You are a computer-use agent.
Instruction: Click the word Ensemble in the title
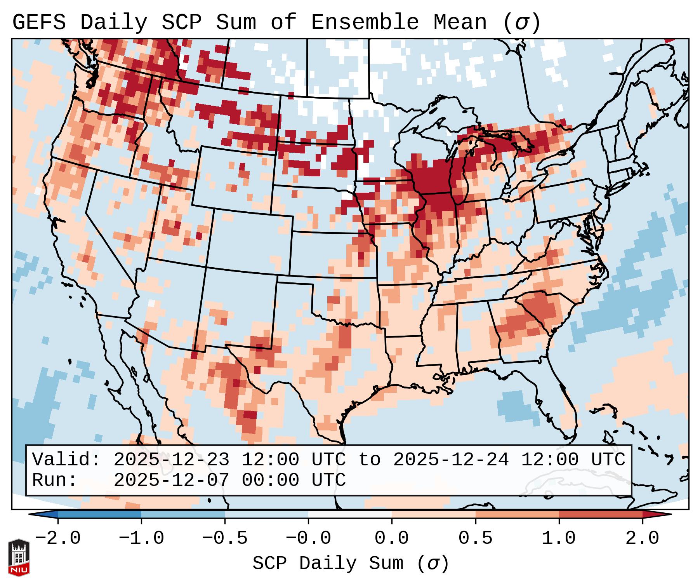[x=365, y=23]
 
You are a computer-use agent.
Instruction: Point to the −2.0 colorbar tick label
[x=58, y=538]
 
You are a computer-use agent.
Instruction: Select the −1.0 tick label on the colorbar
[x=141, y=538]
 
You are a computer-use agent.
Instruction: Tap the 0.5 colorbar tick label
[x=475, y=538]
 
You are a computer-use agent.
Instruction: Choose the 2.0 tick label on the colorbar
[x=643, y=538]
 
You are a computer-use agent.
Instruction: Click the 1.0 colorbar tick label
[x=559, y=538]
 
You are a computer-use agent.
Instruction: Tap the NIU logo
[x=19, y=557]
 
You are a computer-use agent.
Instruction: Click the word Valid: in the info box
[x=66, y=460]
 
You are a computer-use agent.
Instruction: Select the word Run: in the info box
[x=55, y=481]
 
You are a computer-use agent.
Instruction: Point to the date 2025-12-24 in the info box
[x=451, y=460]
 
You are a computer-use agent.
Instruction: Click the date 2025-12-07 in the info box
[x=171, y=481]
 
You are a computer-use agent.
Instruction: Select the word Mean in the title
[x=460, y=23]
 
